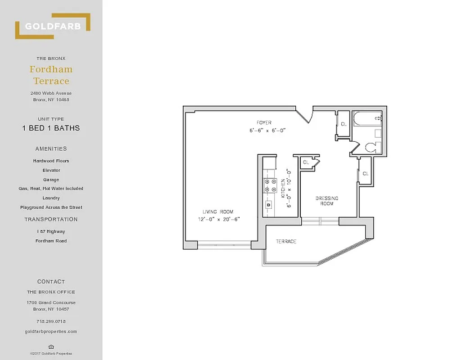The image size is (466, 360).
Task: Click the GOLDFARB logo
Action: (53, 26)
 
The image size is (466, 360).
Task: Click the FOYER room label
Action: (264, 122)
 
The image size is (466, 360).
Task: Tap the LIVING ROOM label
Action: (218, 212)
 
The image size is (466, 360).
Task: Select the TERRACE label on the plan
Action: (286, 242)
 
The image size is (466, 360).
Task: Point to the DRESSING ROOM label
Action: (327, 201)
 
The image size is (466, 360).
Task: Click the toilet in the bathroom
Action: (371, 147)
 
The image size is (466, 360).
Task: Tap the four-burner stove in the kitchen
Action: (270, 186)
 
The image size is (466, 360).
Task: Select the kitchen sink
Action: (269, 204)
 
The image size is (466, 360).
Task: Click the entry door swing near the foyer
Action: (304, 115)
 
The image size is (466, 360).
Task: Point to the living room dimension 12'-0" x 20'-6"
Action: (219, 220)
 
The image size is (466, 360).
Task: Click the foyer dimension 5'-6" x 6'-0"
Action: (267, 130)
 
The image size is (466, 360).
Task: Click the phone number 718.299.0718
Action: (51, 321)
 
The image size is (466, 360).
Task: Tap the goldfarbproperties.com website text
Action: (51, 332)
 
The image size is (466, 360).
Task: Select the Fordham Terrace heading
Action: (51, 75)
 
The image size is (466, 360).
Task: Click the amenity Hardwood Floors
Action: (51, 161)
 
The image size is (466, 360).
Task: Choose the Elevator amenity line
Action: (51, 170)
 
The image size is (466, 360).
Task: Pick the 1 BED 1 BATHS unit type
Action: (51, 128)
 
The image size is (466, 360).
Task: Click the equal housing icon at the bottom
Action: (51, 346)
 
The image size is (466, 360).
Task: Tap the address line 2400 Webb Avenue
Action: (51, 93)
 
